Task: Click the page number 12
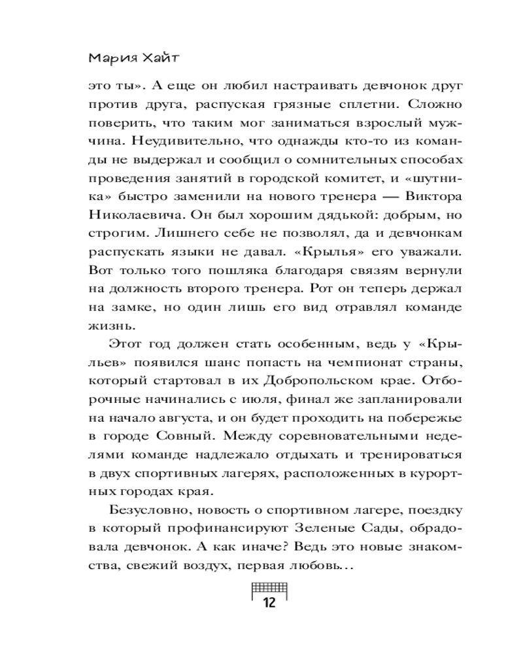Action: tap(269, 602)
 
